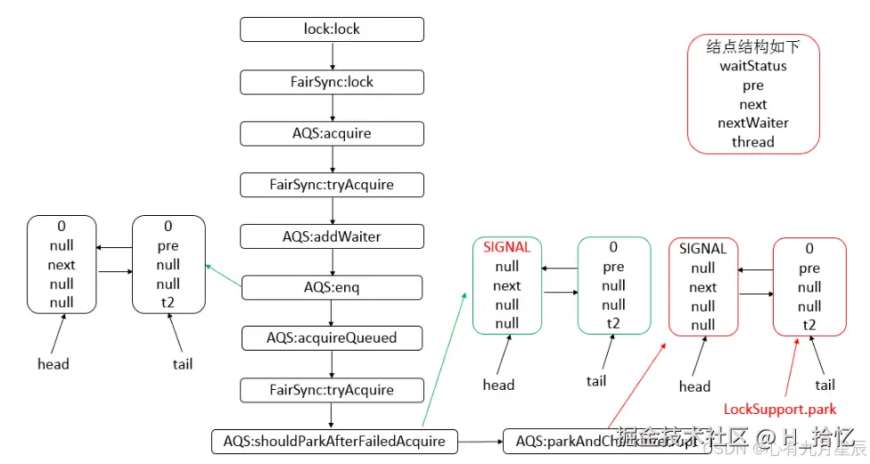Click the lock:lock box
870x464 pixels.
(332, 29)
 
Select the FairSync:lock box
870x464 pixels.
(332, 82)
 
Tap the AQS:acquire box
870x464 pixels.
(332, 134)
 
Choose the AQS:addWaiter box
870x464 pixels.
(332, 236)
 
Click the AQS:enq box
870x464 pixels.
(332, 287)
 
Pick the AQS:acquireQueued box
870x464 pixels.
(332, 338)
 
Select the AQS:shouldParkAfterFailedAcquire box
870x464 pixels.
(334, 441)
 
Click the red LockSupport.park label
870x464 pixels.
(780, 410)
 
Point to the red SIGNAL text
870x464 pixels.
(506, 247)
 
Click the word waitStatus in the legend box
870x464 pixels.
(753, 66)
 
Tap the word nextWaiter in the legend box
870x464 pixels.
(753, 123)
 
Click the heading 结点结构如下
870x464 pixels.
(753, 46)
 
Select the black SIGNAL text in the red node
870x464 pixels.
(702, 248)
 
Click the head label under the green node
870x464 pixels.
(498, 385)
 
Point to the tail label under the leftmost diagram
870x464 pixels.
(182, 363)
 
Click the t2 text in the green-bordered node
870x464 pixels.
(613, 323)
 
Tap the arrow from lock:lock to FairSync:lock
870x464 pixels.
(332, 55)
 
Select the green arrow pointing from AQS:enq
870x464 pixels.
(224, 276)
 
